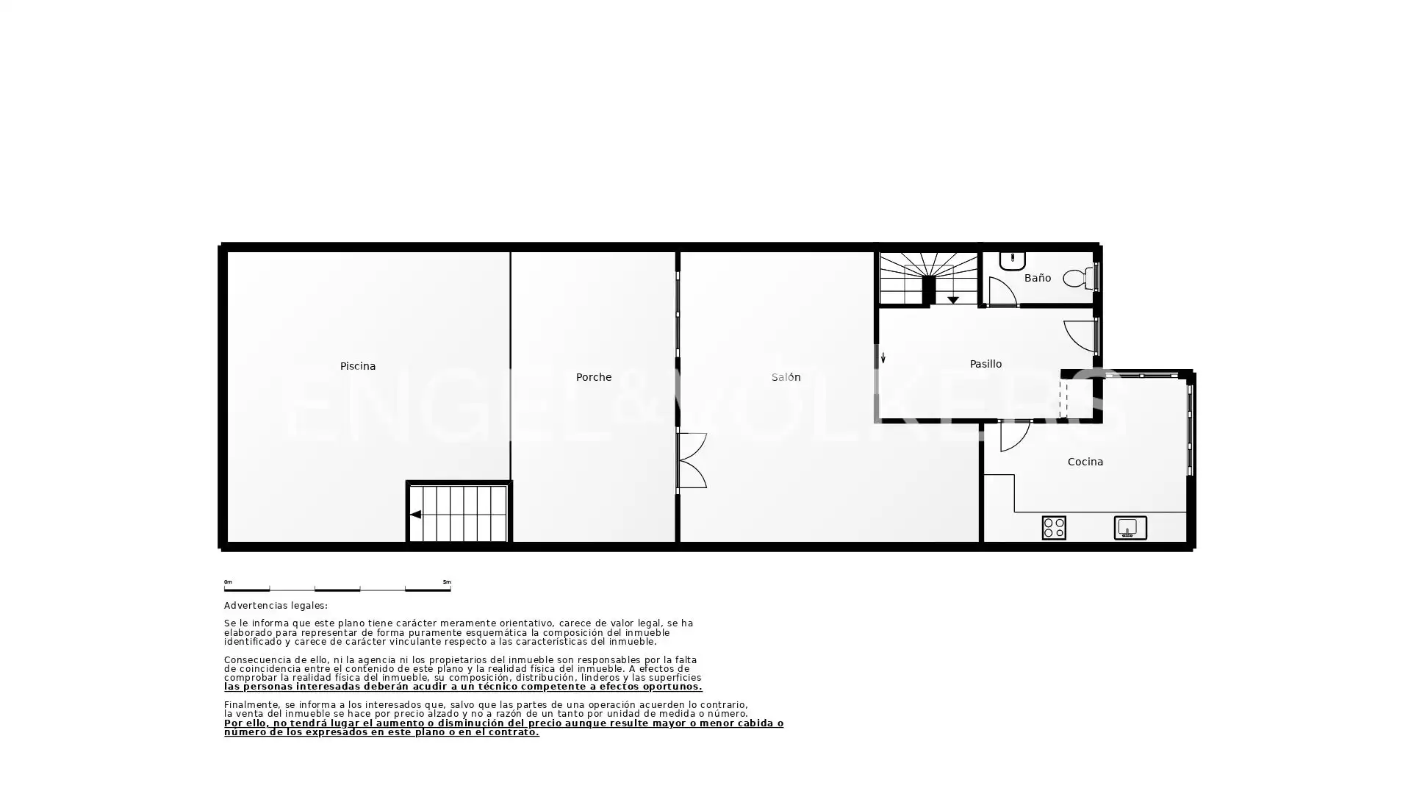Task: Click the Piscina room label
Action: [x=358, y=366]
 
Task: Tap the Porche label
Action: [x=594, y=377]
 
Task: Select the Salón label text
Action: [x=786, y=377]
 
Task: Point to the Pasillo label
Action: [x=985, y=364]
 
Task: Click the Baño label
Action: [x=1038, y=278]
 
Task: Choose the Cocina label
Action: [x=1085, y=462]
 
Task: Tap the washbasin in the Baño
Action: [x=1013, y=261]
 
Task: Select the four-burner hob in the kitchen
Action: [x=1054, y=528]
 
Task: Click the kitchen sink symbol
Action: [x=1130, y=528]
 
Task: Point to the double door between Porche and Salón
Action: [x=692, y=460]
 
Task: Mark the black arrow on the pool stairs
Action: [x=415, y=515]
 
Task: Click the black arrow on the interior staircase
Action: [x=953, y=300]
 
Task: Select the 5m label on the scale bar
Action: [x=447, y=582]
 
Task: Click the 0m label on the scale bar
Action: [x=228, y=582]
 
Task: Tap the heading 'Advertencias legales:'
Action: [x=276, y=606]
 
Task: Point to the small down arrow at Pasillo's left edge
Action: [x=883, y=358]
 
